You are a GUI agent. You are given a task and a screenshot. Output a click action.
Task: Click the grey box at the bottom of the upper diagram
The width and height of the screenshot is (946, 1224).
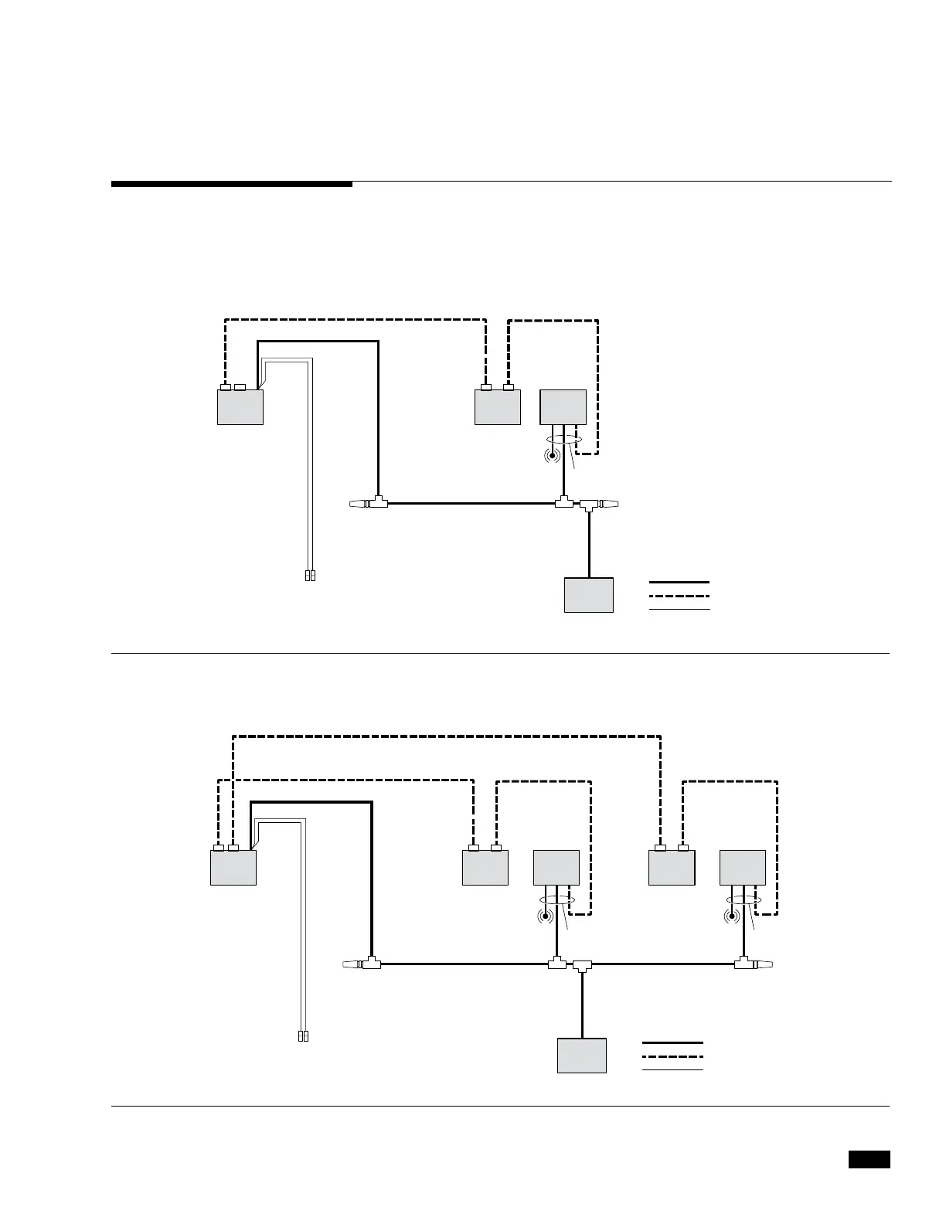589,595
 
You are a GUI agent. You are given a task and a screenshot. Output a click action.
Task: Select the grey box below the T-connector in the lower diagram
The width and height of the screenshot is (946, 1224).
582,1056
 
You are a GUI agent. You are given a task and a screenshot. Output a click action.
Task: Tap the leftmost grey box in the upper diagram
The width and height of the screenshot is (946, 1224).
240,407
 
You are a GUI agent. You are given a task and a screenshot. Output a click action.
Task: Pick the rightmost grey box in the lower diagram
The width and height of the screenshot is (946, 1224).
743,868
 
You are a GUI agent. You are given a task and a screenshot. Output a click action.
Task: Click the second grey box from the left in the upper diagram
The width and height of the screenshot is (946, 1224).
498,407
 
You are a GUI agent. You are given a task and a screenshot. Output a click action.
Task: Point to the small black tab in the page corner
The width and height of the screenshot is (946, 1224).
869,1160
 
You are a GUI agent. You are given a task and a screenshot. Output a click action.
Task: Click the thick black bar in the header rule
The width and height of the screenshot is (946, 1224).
232,184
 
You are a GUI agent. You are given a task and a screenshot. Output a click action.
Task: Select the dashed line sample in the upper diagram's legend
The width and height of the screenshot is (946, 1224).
679,596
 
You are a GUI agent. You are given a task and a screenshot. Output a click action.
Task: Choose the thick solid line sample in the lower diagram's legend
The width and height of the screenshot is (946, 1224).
672,1042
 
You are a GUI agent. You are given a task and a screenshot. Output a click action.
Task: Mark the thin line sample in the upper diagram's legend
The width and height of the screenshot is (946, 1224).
679,610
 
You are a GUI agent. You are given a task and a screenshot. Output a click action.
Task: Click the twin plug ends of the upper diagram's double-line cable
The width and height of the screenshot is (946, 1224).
310,576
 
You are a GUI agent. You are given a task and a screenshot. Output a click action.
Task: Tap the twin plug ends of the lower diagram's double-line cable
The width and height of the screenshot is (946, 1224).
303,1036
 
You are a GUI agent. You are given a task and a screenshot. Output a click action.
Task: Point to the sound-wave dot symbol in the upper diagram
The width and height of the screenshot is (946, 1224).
551,454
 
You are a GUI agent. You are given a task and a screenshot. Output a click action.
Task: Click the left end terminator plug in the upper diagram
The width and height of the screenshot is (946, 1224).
359,504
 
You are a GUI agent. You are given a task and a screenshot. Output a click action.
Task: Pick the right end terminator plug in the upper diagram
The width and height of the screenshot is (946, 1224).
610,504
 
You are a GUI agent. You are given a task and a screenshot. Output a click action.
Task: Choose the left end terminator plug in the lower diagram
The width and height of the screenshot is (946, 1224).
352,964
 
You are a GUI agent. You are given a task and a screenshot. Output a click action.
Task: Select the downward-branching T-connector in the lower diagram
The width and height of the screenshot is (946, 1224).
582,965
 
